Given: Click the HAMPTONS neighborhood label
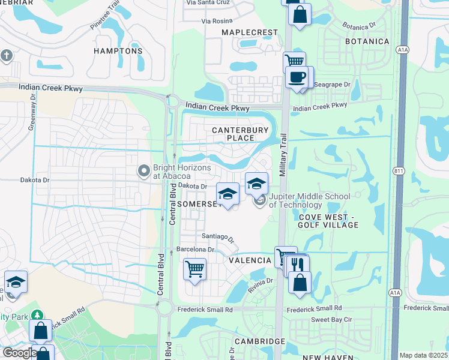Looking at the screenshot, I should (118, 51).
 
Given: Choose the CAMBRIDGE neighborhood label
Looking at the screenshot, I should (260, 341).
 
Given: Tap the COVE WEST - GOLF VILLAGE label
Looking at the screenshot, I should (328, 220).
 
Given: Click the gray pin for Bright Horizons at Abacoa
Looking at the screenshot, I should (143, 172).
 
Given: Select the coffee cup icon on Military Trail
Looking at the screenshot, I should (296, 77).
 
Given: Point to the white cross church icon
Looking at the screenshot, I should (7, 56).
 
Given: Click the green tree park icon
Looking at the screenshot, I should (37, 315).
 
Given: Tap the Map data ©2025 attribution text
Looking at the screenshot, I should (423, 355).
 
